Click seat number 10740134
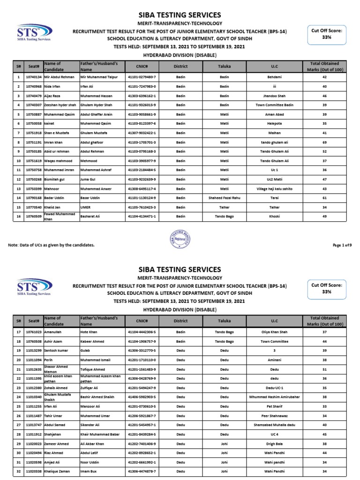(33, 77)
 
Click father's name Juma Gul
(89, 179)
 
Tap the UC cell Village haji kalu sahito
(275, 189)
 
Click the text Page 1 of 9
(342, 245)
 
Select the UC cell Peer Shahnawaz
(275, 416)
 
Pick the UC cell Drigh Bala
(275, 444)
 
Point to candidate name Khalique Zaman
(58, 471)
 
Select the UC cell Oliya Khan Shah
(275, 332)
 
